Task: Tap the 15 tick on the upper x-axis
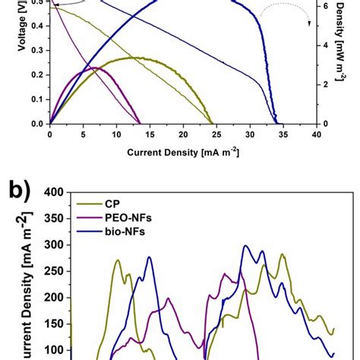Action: click(x=150, y=134)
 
